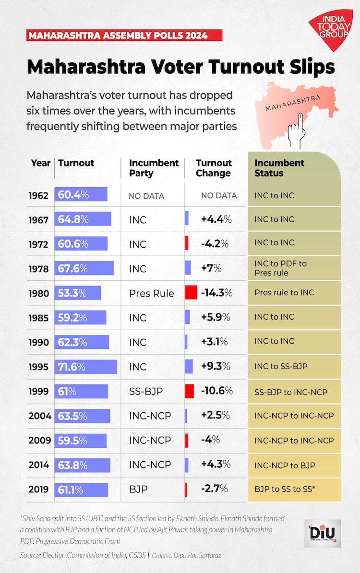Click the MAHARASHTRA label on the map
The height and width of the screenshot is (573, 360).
point(293,102)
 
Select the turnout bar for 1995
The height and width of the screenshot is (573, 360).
point(86,367)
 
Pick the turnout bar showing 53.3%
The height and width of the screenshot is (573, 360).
point(78,292)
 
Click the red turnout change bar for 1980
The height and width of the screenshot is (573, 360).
point(191,292)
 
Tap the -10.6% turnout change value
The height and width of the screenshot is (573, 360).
point(216,391)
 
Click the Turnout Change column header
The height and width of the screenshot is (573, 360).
point(214,168)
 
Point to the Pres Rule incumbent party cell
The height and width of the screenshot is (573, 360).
point(151,293)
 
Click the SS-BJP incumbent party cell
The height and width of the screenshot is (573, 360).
point(146,392)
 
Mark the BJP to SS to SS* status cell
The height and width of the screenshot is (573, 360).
point(285,489)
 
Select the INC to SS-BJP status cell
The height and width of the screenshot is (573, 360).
point(281,366)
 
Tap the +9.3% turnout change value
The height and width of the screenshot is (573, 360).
point(216,366)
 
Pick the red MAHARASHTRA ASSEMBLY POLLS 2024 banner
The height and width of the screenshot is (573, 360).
point(124,36)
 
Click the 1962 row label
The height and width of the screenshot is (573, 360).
point(38,195)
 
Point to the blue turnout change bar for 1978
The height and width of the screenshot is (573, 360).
point(188,268)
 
